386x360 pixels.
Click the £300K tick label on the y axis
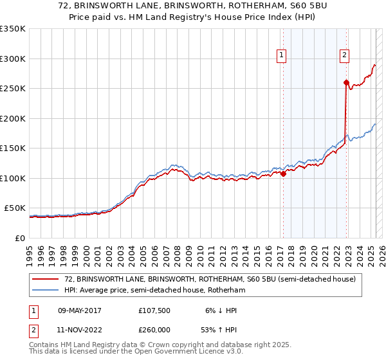coord(13,59)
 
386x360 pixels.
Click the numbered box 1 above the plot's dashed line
coord(282,56)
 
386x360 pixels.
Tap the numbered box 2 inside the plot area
coord(345,56)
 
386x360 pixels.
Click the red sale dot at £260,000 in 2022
coord(346,82)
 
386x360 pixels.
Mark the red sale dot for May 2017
coord(283,174)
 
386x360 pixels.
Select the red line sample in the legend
coord(46,280)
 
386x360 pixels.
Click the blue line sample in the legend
coord(46,291)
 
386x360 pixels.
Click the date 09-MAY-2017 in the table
coord(80,310)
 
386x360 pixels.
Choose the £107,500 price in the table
coord(154,310)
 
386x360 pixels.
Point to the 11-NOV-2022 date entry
coord(80,329)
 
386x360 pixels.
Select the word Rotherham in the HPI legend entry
coord(228,291)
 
